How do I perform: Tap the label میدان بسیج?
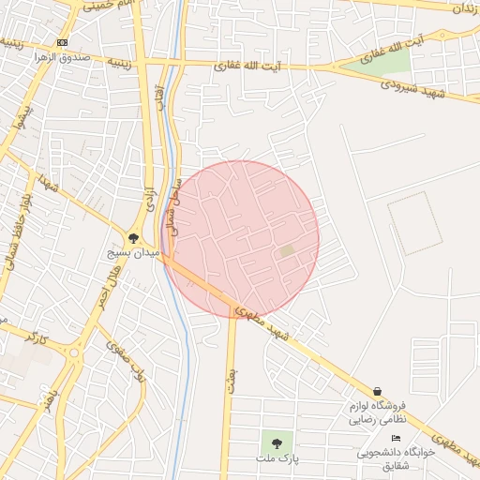134,254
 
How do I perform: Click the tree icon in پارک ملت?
276,442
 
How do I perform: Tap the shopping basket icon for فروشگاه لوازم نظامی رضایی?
377,392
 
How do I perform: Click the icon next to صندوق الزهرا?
62,43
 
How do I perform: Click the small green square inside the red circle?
286,250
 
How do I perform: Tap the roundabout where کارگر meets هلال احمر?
74,353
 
